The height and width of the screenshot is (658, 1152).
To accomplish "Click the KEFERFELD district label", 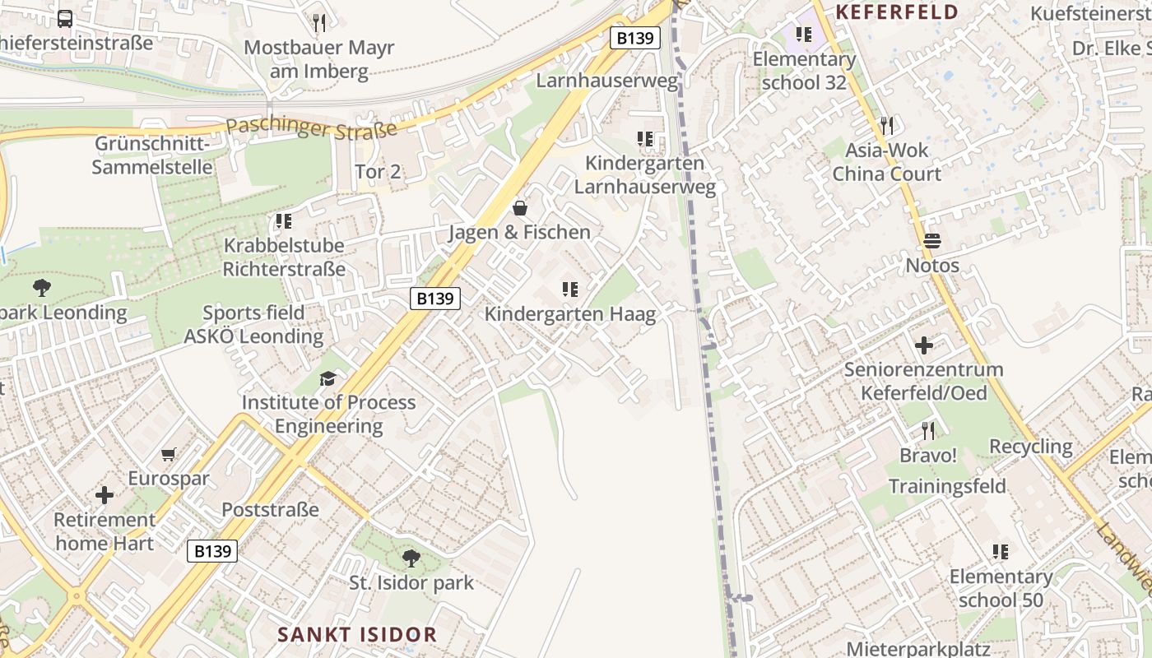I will pos(898,12).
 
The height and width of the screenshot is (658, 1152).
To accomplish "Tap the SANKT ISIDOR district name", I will pos(357,635).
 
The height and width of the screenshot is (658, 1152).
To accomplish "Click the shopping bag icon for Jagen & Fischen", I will pos(520,207).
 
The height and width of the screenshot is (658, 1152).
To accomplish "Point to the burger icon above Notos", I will pos(932,241).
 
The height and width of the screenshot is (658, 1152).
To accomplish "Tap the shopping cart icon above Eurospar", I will pos(169,454).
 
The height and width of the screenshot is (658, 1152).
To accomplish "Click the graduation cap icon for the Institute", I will pos(328,378).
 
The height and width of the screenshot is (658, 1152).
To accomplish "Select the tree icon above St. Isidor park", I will pos(411,559).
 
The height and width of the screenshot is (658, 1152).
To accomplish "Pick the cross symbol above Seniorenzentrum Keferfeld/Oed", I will pos(924,345).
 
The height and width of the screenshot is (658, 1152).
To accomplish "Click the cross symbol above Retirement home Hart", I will pos(105,495).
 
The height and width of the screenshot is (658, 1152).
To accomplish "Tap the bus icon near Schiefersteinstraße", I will pos(65,19).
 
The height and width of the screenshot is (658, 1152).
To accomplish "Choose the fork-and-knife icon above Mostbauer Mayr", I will pos(319,22).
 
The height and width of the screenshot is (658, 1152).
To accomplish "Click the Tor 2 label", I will pos(378,172).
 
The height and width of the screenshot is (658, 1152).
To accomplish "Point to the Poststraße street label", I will pos(270,510).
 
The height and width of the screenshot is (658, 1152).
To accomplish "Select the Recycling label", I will pos(1031,447).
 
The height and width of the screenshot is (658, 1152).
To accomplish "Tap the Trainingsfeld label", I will pos(947,486).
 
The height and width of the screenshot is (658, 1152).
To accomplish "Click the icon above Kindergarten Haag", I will pos(569,290).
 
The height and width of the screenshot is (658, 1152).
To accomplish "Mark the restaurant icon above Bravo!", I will pos(928,430).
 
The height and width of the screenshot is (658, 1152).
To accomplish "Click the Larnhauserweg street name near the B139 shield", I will pos(607,81).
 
